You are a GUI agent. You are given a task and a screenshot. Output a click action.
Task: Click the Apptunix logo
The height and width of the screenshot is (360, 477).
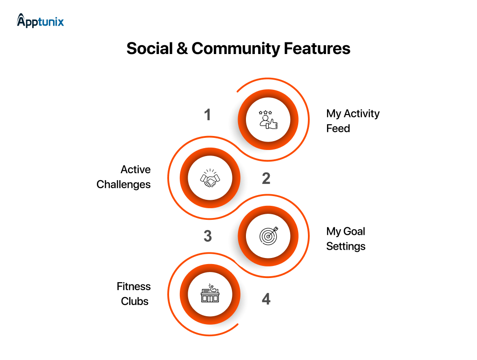tap(41, 20)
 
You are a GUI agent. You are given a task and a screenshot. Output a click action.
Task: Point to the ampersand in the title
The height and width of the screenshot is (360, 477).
tap(182, 48)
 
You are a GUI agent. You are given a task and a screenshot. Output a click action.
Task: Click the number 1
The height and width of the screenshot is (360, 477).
tap(208, 115)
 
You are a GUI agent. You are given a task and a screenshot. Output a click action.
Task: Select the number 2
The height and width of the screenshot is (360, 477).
tap(266, 178)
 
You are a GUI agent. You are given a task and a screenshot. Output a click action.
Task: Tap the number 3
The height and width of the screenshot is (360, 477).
tap(208, 236)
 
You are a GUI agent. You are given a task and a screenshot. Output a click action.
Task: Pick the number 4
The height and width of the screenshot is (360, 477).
tap(266, 299)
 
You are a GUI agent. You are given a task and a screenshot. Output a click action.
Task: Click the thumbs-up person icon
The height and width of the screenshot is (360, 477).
tap(268, 120)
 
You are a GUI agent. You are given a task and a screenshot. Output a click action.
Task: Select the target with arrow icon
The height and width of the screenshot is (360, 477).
tap(268, 236)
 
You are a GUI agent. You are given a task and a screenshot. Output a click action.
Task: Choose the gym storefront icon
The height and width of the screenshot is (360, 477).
tap(210, 294)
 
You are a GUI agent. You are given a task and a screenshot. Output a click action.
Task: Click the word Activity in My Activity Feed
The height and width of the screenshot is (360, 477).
tap(361, 114)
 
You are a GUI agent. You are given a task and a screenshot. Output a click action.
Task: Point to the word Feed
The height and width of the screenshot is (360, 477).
tap(338, 129)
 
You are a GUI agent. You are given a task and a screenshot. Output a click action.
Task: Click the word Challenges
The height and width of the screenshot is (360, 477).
tap(123, 184)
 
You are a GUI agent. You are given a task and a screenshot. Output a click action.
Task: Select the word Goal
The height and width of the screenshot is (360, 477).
tap(354, 231)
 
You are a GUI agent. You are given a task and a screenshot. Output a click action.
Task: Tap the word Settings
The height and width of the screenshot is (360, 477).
tap(346, 246)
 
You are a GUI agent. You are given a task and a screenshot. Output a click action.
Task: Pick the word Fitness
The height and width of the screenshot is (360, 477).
tap(134, 286)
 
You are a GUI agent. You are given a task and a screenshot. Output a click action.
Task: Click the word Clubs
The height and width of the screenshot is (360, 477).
tap(135, 301)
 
